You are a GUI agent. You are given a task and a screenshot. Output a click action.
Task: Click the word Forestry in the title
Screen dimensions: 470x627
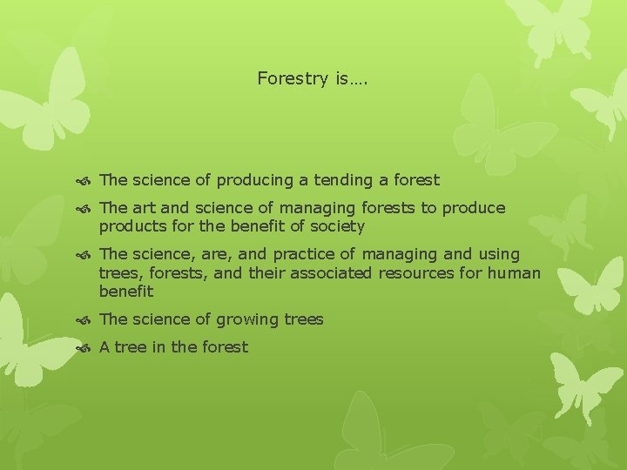292,79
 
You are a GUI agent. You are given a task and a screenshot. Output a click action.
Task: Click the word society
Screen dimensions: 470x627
337,226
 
